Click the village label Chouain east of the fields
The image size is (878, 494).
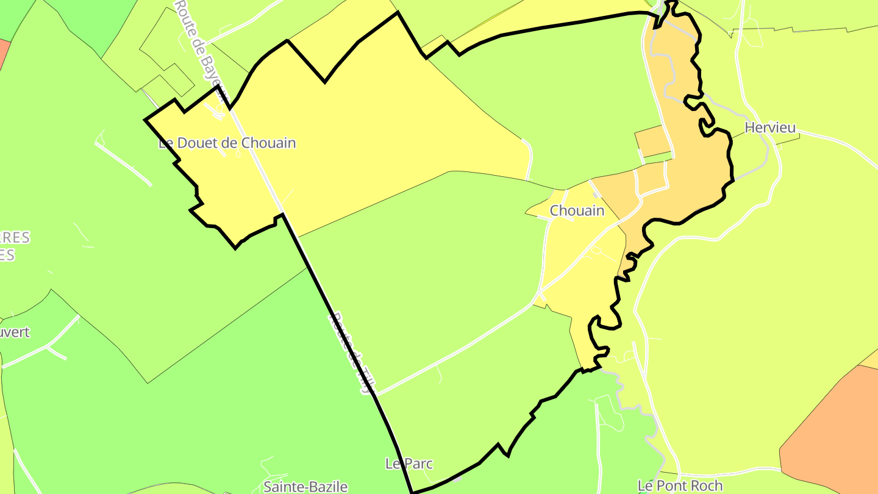tap(577, 211)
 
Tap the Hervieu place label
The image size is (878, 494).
tap(770, 128)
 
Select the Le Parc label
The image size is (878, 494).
tap(409, 464)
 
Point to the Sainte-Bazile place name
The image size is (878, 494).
tap(305, 487)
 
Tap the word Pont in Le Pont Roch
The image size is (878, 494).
tap(671, 486)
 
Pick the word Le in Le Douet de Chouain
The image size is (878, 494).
tap(165, 143)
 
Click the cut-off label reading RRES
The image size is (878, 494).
tap(15, 238)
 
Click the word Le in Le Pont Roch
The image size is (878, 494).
tap(645, 486)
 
